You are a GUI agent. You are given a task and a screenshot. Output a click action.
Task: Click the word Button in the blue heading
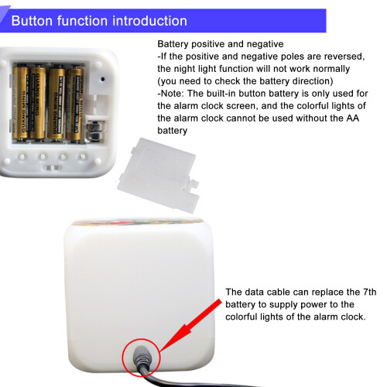33,21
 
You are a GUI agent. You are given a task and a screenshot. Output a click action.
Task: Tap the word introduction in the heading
150,21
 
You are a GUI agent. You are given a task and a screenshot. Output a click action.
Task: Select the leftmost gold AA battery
21,102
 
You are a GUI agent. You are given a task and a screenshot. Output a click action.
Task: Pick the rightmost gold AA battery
75,104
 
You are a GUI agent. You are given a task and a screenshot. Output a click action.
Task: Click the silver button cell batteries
96,131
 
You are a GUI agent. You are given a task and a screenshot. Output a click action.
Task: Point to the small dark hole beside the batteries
102,79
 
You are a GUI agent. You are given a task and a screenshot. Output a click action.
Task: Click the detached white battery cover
158,175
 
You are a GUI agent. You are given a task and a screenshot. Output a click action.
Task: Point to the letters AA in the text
353,118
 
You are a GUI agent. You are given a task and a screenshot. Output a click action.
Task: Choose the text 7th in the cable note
370,292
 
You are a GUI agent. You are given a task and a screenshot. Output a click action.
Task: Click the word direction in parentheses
313,81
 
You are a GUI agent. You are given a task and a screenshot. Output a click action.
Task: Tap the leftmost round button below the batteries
22,156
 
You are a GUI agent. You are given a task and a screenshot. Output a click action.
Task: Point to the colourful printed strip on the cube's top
137,222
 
